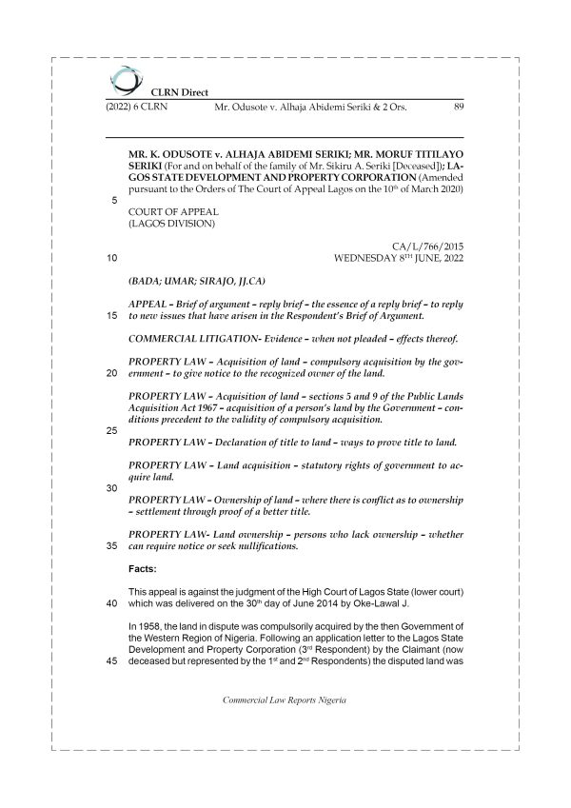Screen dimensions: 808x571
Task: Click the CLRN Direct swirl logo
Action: pyautogui.click(x=122, y=77)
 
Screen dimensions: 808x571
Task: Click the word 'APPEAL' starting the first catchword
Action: pyautogui.click(x=148, y=304)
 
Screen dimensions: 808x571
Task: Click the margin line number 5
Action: pyautogui.click(x=114, y=201)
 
